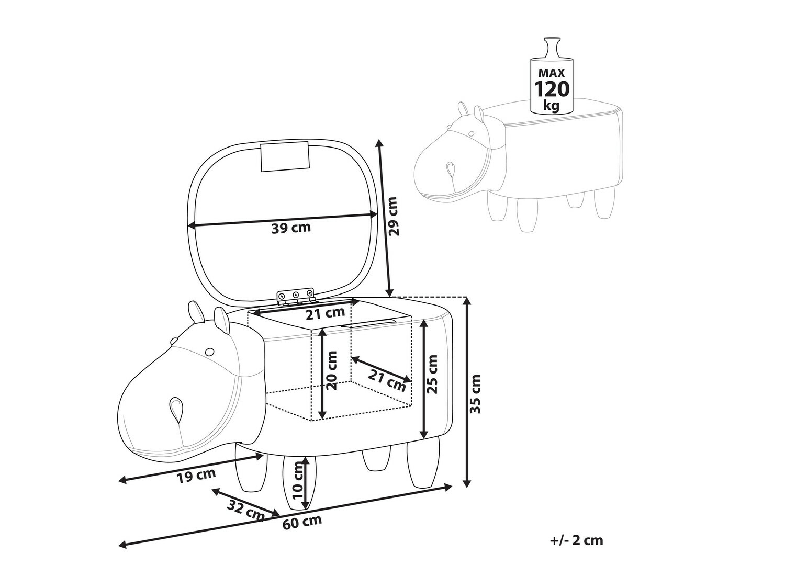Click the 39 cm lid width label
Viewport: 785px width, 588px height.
[291, 228]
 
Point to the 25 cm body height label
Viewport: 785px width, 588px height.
[432, 374]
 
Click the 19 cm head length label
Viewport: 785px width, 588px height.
[197, 476]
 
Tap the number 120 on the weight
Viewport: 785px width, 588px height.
[552, 89]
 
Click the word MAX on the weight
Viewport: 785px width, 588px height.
[552, 73]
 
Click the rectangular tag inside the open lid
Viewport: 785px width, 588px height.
[284, 157]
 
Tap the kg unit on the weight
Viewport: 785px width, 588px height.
[551, 106]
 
